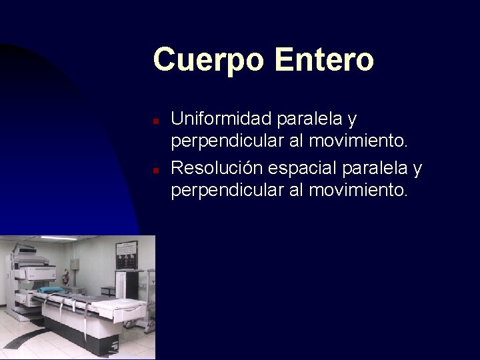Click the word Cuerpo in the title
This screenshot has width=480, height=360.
(x=209, y=60)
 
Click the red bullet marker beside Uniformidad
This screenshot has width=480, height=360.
(x=155, y=122)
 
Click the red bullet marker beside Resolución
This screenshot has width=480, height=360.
(x=155, y=171)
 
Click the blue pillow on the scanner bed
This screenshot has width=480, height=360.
(x=51, y=290)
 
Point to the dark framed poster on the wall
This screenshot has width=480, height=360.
(x=126, y=255)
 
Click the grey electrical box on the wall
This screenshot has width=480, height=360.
(x=75, y=264)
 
